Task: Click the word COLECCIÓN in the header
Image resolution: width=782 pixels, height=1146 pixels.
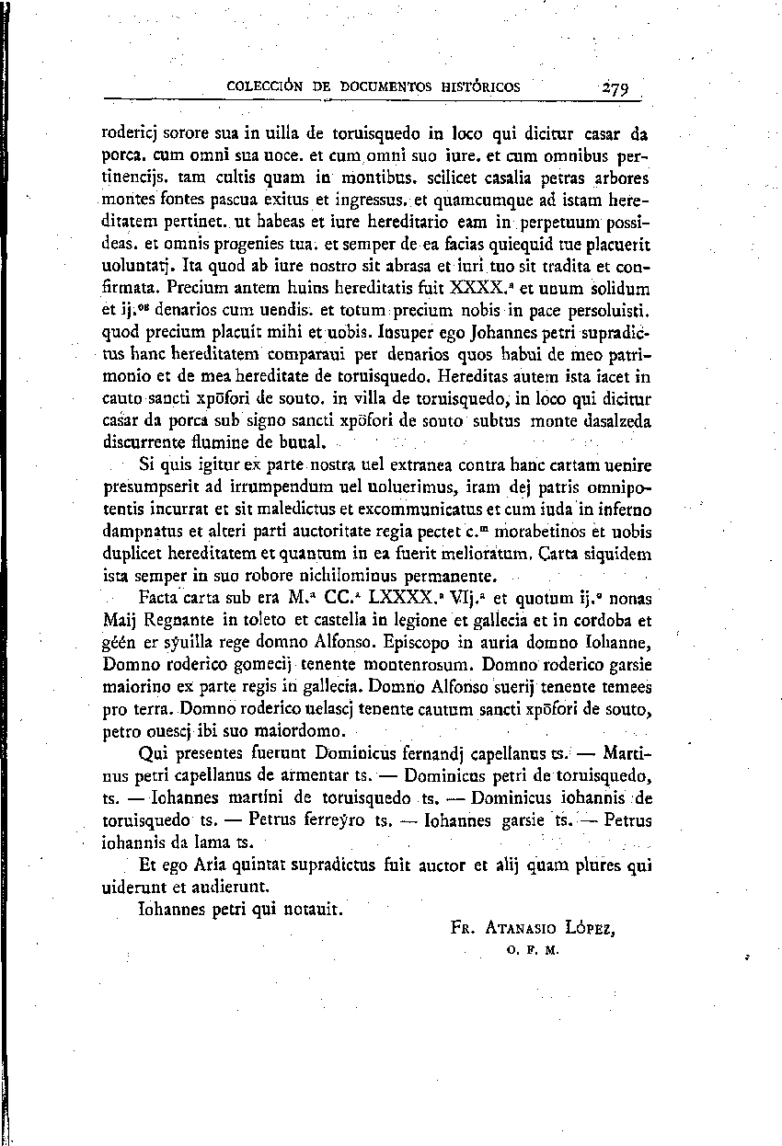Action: (x=262, y=87)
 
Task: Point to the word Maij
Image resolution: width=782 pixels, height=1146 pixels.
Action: (x=118, y=621)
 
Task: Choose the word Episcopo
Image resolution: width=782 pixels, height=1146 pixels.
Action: (x=425, y=643)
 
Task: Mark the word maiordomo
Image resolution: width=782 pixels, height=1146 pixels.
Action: (x=299, y=733)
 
